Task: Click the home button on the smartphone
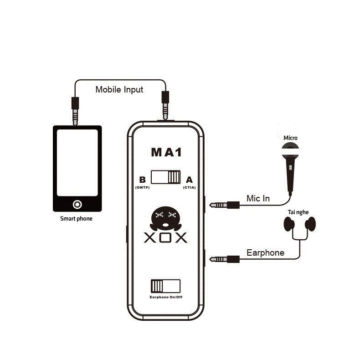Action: (77, 204)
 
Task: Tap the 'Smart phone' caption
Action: (76, 219)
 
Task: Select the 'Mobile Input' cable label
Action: (119, 89)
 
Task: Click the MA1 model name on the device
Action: (166, 152)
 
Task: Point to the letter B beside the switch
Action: (142, 180)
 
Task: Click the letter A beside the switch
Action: (189, 180)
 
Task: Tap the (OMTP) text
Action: (142, 188)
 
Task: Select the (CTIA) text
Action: (190, 188)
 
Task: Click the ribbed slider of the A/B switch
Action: (174, 177)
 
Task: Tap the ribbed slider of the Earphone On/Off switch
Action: (157, 286)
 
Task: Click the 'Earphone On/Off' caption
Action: (166, 297)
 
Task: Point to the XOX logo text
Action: (165, 237)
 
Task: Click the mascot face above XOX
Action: (165, 219)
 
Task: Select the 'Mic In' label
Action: (258, 199)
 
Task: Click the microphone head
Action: (290, 151)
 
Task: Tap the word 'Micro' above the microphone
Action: (290, 138)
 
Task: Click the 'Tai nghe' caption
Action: (298, 212)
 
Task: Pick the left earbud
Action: (289, 224)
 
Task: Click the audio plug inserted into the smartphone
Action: (75, 111)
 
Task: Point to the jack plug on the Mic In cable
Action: (225, 205)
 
